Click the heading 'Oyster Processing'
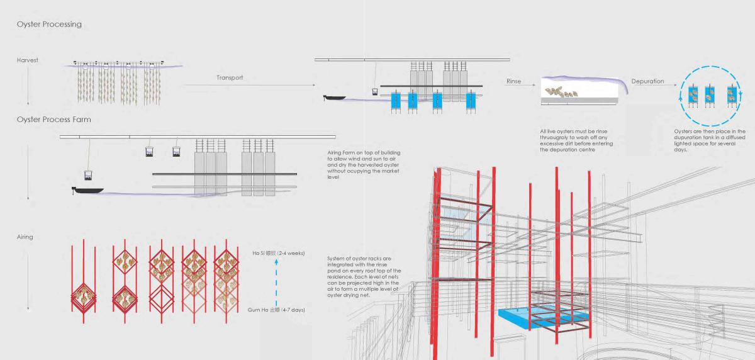pos(49,25)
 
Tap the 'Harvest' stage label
pos(28,60)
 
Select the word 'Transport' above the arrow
pos(230,78)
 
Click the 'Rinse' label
pos(513,82)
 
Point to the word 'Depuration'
pos(647,82)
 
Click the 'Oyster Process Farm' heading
pos(54,119)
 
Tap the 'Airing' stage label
pos(25,237)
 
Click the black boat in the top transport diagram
pos(333,98)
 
